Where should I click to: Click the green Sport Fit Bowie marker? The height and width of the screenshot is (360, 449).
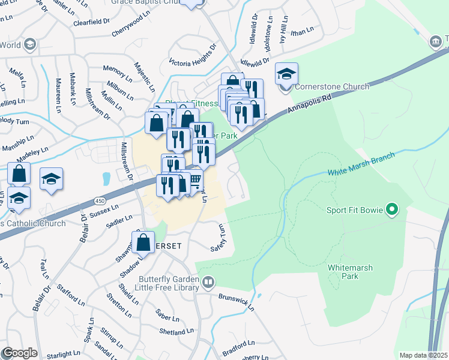tap(393, 210)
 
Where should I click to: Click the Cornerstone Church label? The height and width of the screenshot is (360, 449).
tap(331, 86)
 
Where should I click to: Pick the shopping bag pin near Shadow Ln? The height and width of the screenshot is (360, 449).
tap(143, 243)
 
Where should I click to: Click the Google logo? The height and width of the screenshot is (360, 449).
tap(19, 353)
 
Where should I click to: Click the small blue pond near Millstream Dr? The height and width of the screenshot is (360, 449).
tap(106, 179)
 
